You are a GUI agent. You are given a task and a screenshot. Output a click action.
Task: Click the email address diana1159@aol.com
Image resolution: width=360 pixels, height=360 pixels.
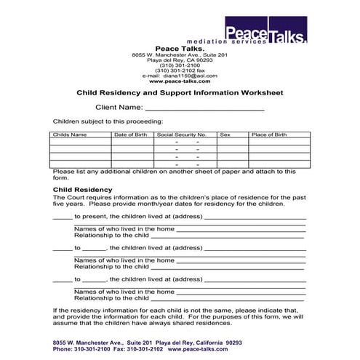click(x=189, y=76)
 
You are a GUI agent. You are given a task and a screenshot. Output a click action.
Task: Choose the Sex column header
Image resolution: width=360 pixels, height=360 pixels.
click(x=225, y=135)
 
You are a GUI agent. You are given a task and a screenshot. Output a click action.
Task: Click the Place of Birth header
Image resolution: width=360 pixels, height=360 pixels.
click(x=269, y=135)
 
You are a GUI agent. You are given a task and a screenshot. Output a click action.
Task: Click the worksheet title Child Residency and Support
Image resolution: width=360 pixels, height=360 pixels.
click(x=180, y=92)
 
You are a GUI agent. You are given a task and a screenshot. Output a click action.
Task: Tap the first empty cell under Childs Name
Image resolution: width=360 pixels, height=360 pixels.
click(x=79, y=142)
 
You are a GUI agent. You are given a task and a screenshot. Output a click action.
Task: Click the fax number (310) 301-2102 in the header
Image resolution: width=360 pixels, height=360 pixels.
click(x=180, y=70)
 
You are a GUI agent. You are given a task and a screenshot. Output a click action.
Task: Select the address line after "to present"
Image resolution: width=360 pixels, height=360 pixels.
click(x=255, y=217)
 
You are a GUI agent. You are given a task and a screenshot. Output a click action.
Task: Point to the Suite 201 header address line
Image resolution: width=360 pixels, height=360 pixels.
click(x=180, y=55)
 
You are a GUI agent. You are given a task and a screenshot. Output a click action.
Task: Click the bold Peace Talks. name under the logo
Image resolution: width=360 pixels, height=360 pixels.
click(x=180, y=48)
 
